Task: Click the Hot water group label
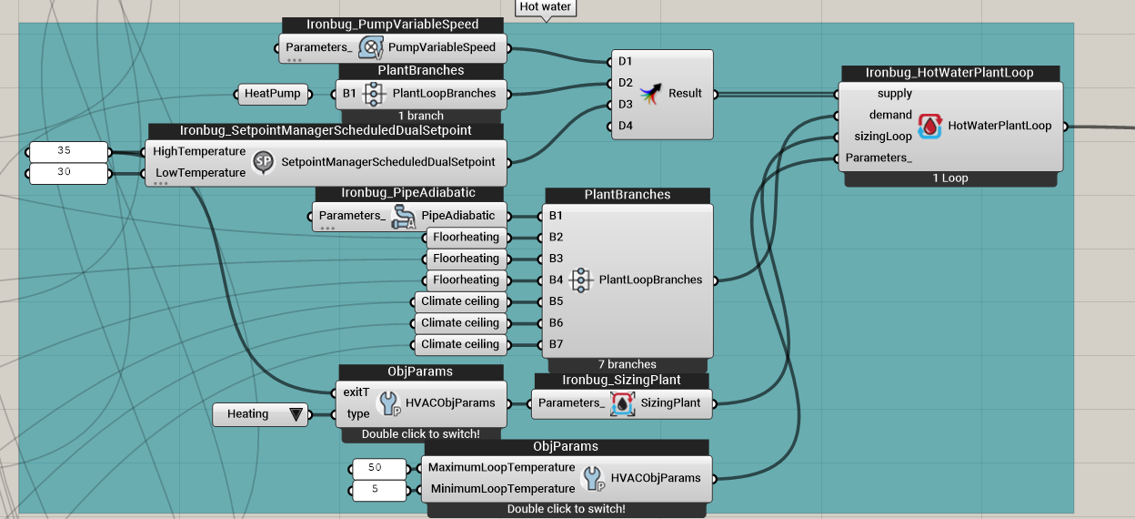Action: point(545,7)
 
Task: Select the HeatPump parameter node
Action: point(273,94)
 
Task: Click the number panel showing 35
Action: point(68,151)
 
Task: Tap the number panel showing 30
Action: point(68,173)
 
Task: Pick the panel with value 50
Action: point(379,469)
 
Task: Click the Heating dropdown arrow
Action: point(296,414)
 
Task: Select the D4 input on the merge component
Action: point(626,126)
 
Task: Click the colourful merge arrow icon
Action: point(650,94)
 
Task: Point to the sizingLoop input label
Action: point(883,137)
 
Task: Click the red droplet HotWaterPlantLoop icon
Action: point(929,126)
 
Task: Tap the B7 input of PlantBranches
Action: point(556,344)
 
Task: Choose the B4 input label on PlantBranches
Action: point(556,280)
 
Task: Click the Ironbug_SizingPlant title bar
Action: point(622,381)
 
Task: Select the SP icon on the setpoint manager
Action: point(263,162)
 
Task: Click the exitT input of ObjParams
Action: point(357,392)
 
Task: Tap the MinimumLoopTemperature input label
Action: point(503,489)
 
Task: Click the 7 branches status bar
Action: point(628,365)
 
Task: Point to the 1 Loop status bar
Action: point(950,178)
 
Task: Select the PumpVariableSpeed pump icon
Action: point(371,48)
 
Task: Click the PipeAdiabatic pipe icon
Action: point(403,217)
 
